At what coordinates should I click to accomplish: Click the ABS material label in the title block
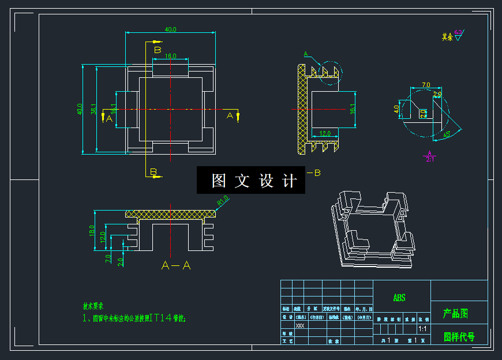[399, 298]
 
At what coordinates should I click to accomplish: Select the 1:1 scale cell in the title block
[422, 329]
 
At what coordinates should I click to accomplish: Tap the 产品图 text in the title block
[455, 314]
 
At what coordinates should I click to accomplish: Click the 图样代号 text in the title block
[459, 337]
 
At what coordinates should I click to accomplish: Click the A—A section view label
[176, 265]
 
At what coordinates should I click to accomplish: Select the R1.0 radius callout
[223, 200]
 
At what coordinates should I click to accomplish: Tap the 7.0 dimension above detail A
[426, 85]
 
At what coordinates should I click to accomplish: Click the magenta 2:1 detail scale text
[430, 159]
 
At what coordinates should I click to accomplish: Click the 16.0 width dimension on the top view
[170, 56]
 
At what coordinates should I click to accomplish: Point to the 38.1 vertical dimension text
[93, 108]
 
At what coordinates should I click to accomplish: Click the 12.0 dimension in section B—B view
[325, 133]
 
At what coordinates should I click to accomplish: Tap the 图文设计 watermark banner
[251, 181]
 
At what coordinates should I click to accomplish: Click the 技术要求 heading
[93, 306]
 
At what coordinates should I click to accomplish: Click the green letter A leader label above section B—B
[306, 54]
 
